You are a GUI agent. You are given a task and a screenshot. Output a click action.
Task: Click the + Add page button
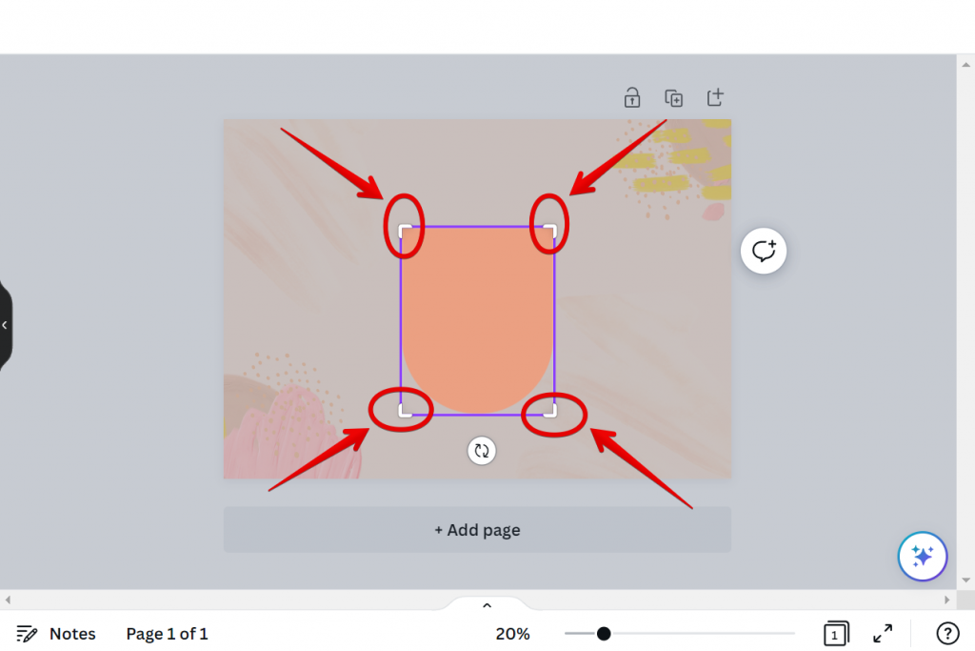click(477, 530)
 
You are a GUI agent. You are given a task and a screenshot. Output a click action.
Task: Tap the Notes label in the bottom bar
click(72, 634)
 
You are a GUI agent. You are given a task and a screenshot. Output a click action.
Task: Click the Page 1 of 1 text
click(167, 634)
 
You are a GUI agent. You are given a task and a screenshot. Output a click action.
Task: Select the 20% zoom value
click(512, 634)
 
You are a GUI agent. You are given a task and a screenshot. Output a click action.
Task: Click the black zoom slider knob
click(603, 634)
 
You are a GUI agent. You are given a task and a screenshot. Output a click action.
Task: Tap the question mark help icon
click(947, 634)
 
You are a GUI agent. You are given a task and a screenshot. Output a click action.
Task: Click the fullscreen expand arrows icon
click(883, 634)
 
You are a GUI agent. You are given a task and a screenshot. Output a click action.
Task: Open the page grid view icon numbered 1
click(836, 634)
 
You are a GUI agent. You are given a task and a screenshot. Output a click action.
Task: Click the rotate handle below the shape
click(481, 451)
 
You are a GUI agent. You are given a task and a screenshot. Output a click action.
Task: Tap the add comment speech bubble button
click(764, 251)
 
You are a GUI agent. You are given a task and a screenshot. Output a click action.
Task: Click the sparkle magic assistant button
click(922, 556)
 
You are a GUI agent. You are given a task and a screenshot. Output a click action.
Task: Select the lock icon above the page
click(632, 98)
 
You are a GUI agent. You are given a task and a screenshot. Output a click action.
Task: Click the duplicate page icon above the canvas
click(673, 98)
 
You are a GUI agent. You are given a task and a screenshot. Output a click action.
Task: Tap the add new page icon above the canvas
click(715, 98)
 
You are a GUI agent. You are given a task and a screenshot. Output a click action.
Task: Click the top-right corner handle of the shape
click(550, 231)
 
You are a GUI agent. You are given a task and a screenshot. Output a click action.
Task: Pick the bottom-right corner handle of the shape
click(550, 410)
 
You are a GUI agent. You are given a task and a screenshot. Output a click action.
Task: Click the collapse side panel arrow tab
click(5, 325)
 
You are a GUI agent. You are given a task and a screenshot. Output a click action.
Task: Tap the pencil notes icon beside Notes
click(26, 634)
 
